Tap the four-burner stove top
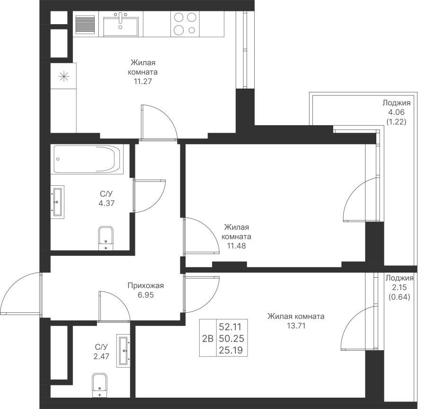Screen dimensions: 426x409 point(185,24)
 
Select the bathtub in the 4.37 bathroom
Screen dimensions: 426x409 point(88,159)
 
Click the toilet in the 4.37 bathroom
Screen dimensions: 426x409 point(106,238)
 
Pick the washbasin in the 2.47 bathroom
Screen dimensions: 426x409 point(123,351)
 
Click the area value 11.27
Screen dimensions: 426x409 point(142,82)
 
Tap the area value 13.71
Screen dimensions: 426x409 point(296,326)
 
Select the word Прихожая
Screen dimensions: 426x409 point(146,285)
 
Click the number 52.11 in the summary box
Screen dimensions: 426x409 point(231,327)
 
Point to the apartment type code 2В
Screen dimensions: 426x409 point(208,338)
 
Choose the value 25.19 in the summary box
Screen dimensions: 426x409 point(231,350)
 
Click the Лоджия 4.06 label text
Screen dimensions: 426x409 point(396,108)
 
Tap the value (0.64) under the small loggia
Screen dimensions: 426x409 point(399,297)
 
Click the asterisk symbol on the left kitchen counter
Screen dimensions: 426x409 point(64,76)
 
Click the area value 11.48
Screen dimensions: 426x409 point(236,246)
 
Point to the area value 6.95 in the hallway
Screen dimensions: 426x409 point(146,295)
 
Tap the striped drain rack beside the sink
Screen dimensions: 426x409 point(85,24)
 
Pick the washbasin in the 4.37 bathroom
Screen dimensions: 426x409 point(58,202)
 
